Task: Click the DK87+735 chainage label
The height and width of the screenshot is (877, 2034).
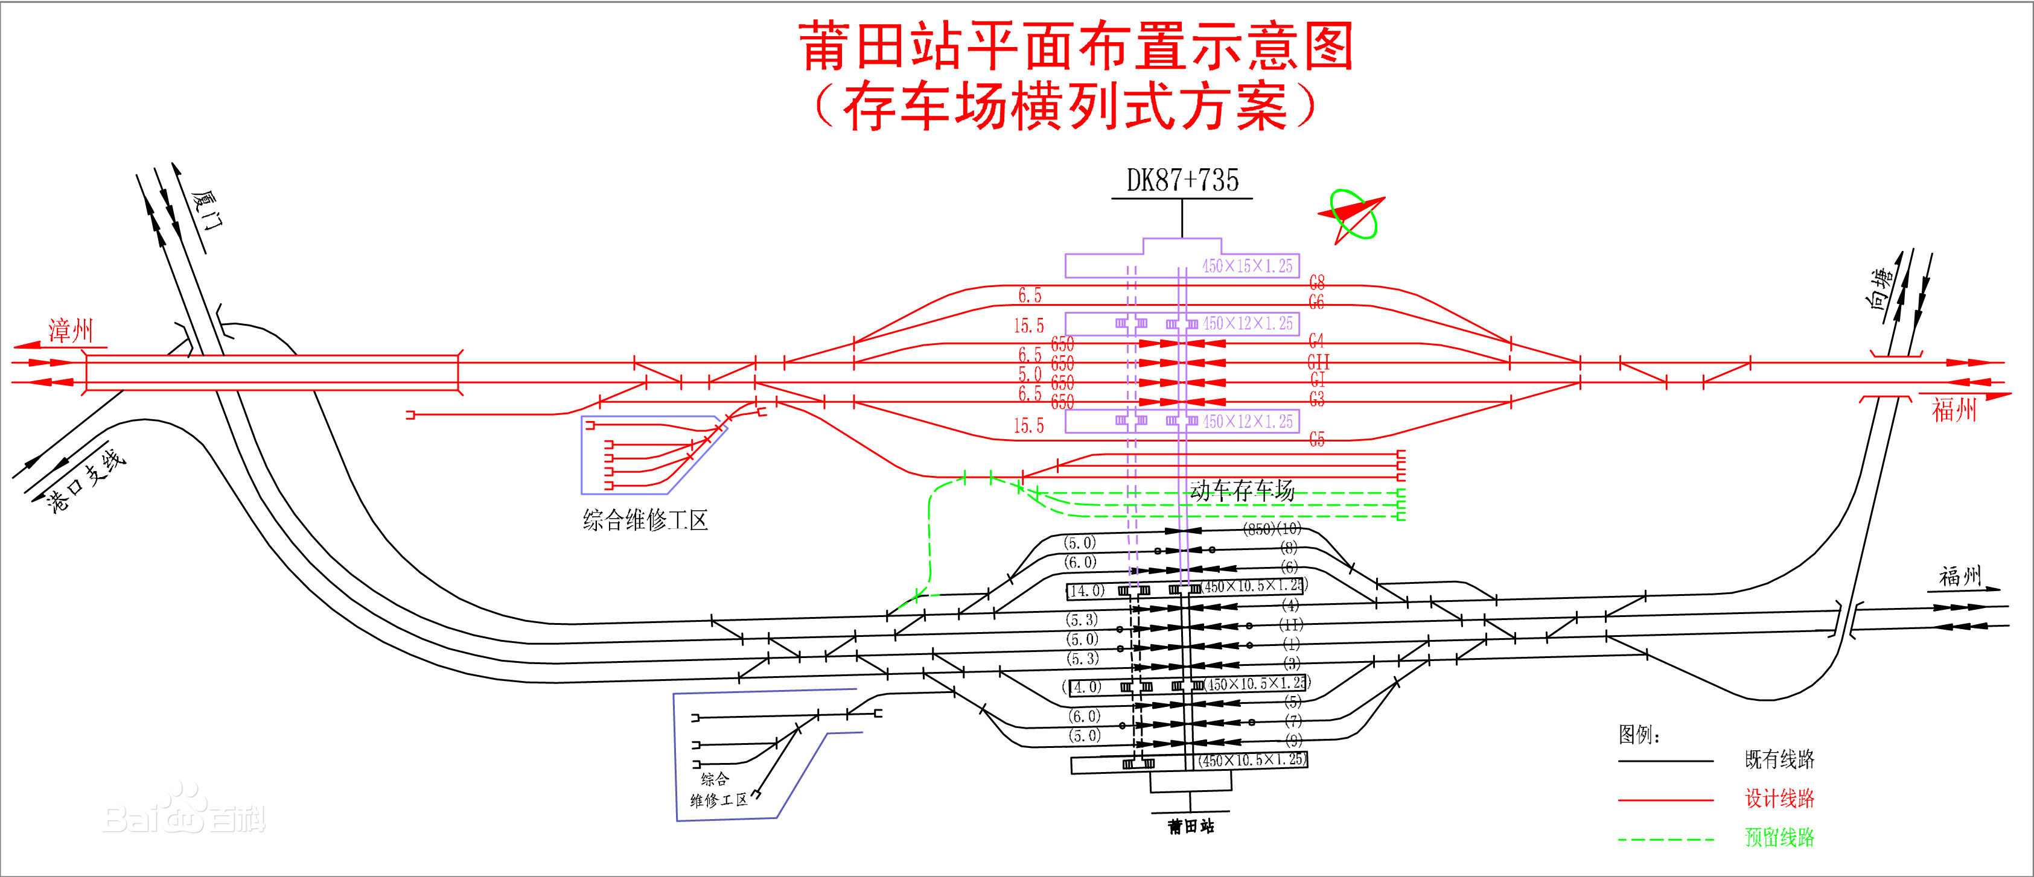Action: [1182, 181]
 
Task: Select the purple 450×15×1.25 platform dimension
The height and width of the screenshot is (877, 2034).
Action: [1247, 266]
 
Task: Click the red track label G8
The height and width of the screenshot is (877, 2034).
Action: [1316, 282]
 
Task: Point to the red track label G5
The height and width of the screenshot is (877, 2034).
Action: [1316, 440]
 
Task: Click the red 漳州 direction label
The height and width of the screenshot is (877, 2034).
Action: [71, 330]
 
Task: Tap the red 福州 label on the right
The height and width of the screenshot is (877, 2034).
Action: [1954, 410]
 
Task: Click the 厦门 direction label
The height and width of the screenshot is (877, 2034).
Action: [208, 210]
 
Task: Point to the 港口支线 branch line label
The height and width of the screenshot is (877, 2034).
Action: [87, 481]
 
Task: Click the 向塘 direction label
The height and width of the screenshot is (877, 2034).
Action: [1883, 289]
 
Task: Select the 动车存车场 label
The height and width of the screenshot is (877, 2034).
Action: [1242, 490]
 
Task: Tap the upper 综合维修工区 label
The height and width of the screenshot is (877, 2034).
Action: [645, 520]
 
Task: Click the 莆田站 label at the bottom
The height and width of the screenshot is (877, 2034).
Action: [1191, 826]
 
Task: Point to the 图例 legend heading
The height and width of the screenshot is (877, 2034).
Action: [1639, 735]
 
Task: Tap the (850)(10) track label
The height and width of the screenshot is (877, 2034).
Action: [1271, 529]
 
